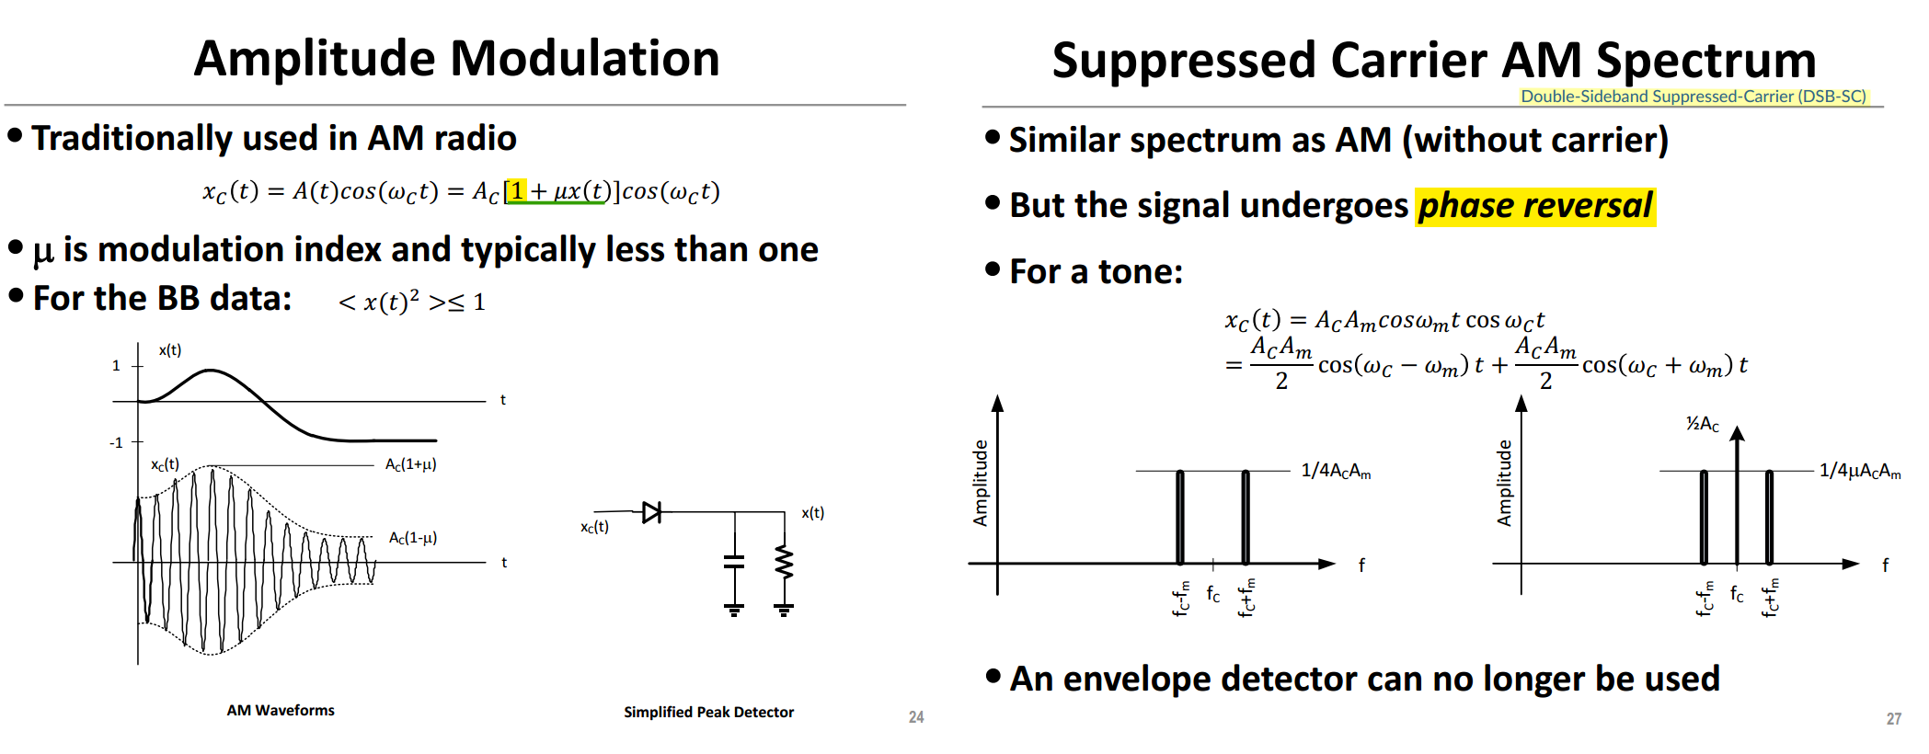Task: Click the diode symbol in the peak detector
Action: [x=652, y=512]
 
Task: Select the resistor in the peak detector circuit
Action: [x=784, y=561]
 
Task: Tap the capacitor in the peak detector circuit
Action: [x=734, y=561]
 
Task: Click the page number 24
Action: [x=916, y=717]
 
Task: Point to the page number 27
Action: [x=1893, y=719]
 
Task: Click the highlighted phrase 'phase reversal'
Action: [x=1535, y=205]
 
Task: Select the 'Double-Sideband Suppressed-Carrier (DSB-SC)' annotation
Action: [x=1694, y=97]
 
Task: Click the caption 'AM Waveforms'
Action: [x=281, y=710]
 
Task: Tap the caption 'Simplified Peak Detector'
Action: [x=708, y=712]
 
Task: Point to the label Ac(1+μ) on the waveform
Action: [x=410, y=464]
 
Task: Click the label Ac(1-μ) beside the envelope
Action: [x=412, y=538]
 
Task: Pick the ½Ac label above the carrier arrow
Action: [x=1702, y=424]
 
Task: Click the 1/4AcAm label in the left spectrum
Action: [x=1336, y=471]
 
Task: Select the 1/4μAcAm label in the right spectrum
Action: [x=1860, y=471]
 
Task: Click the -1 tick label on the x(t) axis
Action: [x=116, y=442]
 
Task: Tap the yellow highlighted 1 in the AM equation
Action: [x=517, y=190]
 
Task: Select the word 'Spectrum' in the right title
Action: [x=1706, y=61]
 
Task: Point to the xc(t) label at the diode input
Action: [x=594, y=527]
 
